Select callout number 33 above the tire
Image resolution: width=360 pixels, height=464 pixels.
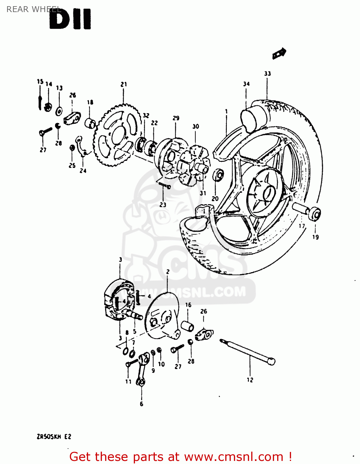click(x=267, y=74)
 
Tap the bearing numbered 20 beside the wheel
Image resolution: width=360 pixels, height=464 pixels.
click(x=218, y=175)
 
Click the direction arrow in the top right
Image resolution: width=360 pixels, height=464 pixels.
click(x=279, y=54)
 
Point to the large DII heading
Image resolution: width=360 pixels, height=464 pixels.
click(x=70, y=19)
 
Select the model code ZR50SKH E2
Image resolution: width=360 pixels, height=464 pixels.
click(x=54, y=437)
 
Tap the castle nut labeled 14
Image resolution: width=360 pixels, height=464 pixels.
click(x=48, y=107)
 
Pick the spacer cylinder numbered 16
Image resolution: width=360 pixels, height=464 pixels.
click(x=187, y=326)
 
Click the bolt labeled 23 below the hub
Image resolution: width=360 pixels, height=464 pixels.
click(x=164, y=186)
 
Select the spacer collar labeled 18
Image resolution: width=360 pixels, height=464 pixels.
click(x=90, y=123)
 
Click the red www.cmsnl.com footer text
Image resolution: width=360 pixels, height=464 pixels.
click(x=180, y=457)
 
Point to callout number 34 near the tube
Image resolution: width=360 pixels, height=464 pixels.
click(x=246, y=84)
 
